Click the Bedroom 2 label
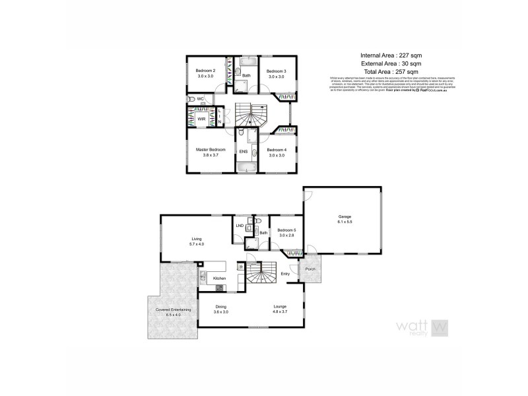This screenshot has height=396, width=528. [206, 71]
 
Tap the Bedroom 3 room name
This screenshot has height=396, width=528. [276, 71]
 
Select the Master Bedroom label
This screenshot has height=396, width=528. [211, 150]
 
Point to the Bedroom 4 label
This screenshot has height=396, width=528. [276, 150]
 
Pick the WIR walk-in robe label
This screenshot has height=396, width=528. [201, 119]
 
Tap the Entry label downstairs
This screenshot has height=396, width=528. [285, 273]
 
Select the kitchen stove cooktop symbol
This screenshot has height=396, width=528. [219, 288]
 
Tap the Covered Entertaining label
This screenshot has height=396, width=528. [173, 310]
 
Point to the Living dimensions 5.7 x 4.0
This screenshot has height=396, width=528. [196, 245]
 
